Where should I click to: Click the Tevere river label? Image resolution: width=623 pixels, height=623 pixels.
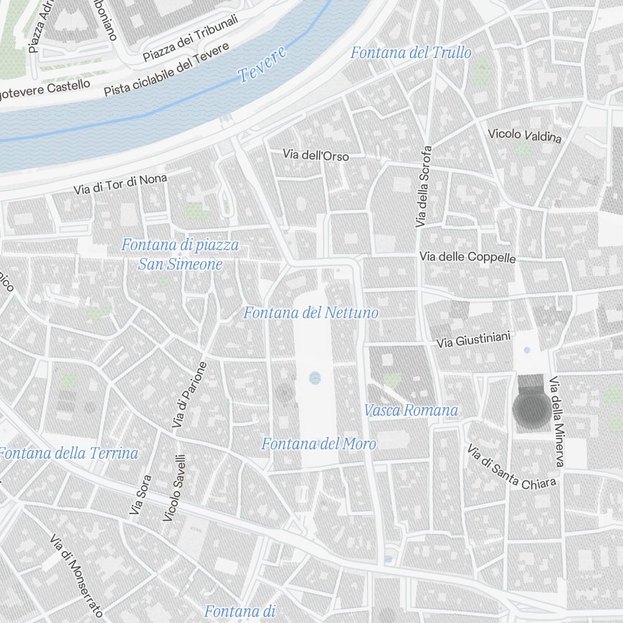(263, 64)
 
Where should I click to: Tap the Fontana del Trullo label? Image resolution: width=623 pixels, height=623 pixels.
(411, 53)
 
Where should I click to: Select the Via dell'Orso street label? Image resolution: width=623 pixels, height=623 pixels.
(316, 155)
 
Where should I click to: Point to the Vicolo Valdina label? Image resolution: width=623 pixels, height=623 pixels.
(525, 135)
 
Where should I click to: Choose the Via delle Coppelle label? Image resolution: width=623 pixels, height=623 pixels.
(467, 257)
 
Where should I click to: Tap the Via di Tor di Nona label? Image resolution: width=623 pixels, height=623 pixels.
(120, 184)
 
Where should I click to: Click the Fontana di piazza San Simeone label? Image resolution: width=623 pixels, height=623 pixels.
(180, 254)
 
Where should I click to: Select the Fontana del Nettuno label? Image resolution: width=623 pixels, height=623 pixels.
(311, 313)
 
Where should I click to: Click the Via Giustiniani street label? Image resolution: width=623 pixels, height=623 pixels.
(473, 340)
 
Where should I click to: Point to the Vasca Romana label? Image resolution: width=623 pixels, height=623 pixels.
(411, 411)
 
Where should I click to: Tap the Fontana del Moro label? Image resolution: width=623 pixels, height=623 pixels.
(318, 444)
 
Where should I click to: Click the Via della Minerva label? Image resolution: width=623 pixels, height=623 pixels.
(557, 421)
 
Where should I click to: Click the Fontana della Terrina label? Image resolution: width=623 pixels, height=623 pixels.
(70, 453)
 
